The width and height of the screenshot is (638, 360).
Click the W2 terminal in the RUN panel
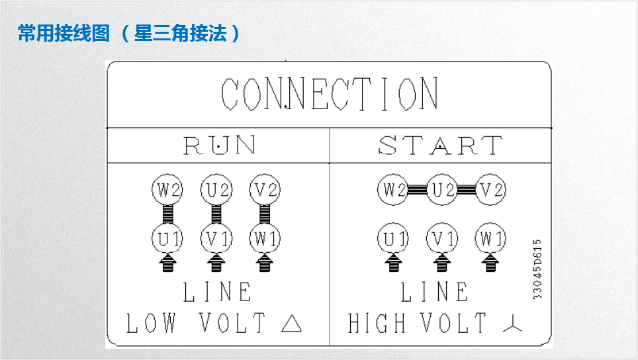[x=167, y=191]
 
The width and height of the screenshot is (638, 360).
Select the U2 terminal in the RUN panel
[x=216, y=191]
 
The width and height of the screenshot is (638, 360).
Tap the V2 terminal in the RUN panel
[x=265, y=191]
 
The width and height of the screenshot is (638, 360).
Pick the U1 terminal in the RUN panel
[x=167, y=238]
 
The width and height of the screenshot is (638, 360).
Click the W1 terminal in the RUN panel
[x=265, y=238]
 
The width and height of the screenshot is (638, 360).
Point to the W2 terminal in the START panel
[x=393, y=191]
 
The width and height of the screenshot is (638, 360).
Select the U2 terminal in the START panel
[x=442, y=191]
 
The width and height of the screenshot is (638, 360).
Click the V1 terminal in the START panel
[x=442, y=238]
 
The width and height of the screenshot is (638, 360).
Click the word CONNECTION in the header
[x=329, y=94]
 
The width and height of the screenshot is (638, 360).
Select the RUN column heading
[x=219, y=145]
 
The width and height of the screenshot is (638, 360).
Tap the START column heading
[x=440, y=145]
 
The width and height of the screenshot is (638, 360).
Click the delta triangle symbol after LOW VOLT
[x=291, y=324]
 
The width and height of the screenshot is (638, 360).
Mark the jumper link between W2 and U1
[x=167, y=214]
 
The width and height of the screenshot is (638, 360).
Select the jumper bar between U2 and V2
[x=467, y=191]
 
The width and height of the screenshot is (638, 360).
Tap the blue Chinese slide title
[x=129, y=33]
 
